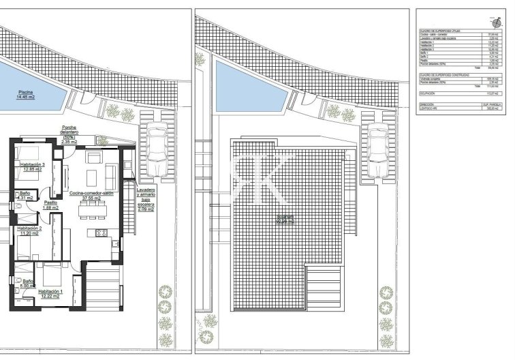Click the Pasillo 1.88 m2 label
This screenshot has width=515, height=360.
(x=51, y=205)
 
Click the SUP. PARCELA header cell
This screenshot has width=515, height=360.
(x=490, y=105)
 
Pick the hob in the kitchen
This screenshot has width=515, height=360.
(x=102, y=234)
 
